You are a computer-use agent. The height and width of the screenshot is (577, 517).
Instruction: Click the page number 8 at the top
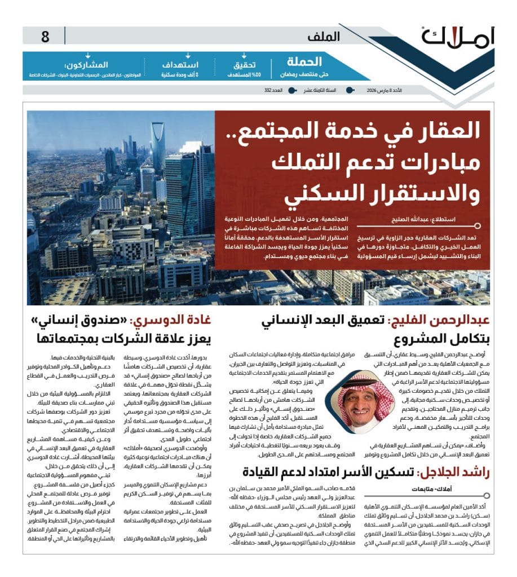coord(46,38)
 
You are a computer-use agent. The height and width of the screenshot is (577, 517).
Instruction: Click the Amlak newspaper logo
coord(457,38)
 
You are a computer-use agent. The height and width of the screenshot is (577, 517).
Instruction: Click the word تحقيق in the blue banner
coord(245,65)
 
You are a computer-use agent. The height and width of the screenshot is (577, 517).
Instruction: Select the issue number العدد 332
coord(272,90)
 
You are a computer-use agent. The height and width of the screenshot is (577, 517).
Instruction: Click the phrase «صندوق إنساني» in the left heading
coord(79,322)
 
